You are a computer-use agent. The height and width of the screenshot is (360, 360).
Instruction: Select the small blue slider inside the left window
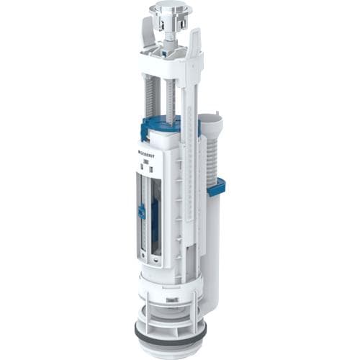(x=143, y=212)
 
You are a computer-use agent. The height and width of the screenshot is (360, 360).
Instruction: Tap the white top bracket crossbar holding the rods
(x=169, y=65)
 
